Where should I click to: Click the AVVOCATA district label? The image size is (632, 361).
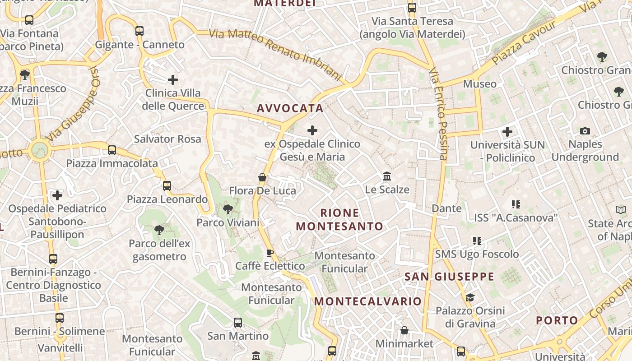click(290, 108)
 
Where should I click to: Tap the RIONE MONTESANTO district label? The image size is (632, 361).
click(339, 219)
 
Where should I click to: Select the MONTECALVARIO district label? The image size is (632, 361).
click(368, 301)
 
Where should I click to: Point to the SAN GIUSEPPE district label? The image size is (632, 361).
click(449, 276)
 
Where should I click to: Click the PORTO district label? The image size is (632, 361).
click(557, 320)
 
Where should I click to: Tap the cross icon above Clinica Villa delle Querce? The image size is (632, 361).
click(172, 80)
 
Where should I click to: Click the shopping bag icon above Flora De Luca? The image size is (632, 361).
click(262, 177)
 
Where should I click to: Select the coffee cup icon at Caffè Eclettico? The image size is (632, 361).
click(270, 253)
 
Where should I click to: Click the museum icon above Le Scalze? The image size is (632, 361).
click(387, 176)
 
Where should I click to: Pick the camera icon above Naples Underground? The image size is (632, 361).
click(585, 131)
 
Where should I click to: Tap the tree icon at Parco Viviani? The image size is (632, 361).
click(228, 209)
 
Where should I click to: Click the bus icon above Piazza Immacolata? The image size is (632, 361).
click(112, 150)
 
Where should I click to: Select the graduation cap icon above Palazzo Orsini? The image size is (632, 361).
click(470, 297)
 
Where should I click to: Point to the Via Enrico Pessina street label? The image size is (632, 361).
click(438, 114)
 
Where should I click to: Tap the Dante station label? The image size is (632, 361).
click(446, 208)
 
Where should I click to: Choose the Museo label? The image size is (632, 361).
click(479, 84)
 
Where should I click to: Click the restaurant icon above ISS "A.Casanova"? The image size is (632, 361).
click(516, 204)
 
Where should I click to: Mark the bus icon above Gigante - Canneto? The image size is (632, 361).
click(139, 31)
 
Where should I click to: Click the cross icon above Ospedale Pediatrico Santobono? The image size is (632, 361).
click(57, 195)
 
